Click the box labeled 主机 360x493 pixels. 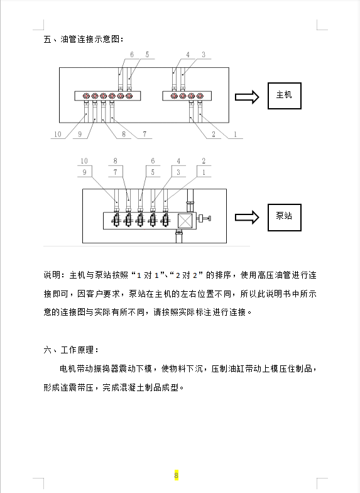pos(284,96)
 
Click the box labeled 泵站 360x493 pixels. pos(284,218)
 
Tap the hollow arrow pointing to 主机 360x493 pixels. pos(247,97)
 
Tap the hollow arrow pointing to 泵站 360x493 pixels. pos(247,218)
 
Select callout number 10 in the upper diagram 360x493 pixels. pos(58,135)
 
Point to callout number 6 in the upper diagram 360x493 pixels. pos(132,55)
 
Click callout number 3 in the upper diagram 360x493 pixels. pos(204,55)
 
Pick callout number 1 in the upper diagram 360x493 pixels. pos(235,135)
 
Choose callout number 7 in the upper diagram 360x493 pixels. pos(145,135)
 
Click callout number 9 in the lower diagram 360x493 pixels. pos(84,172)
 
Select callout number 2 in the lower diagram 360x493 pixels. pos(204,161)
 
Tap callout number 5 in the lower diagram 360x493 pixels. pos(153,172)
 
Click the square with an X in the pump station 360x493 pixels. pos(185,220)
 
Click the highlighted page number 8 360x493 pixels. pos(176,475)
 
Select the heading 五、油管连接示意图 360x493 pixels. pos(84,39)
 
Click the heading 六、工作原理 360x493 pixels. pos(71,350)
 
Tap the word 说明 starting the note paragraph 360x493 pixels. pos(52,275)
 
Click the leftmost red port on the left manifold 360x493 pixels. pos(86,96)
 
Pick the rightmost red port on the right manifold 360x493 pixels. pos(200,96)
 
